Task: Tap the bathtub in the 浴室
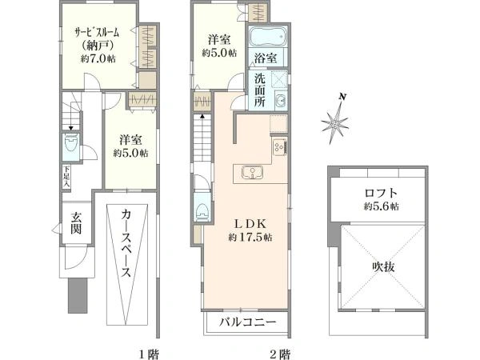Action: pyautogui.click(x=263, y=36)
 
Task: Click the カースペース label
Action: pyautogui.click(x=126, y=244)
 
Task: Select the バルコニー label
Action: pyautogui.click(x=249, y=324)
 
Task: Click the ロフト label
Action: pyautogui.click(x=381, y=193)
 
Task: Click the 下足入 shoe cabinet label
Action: pyautogui.click(x=66, y=176)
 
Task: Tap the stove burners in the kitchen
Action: pyautogui.click(x=278, y=146)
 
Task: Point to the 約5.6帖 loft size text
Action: pyautogui.click(x=380, y=206)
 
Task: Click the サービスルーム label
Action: pyautogui.click(x=87, y=33)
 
